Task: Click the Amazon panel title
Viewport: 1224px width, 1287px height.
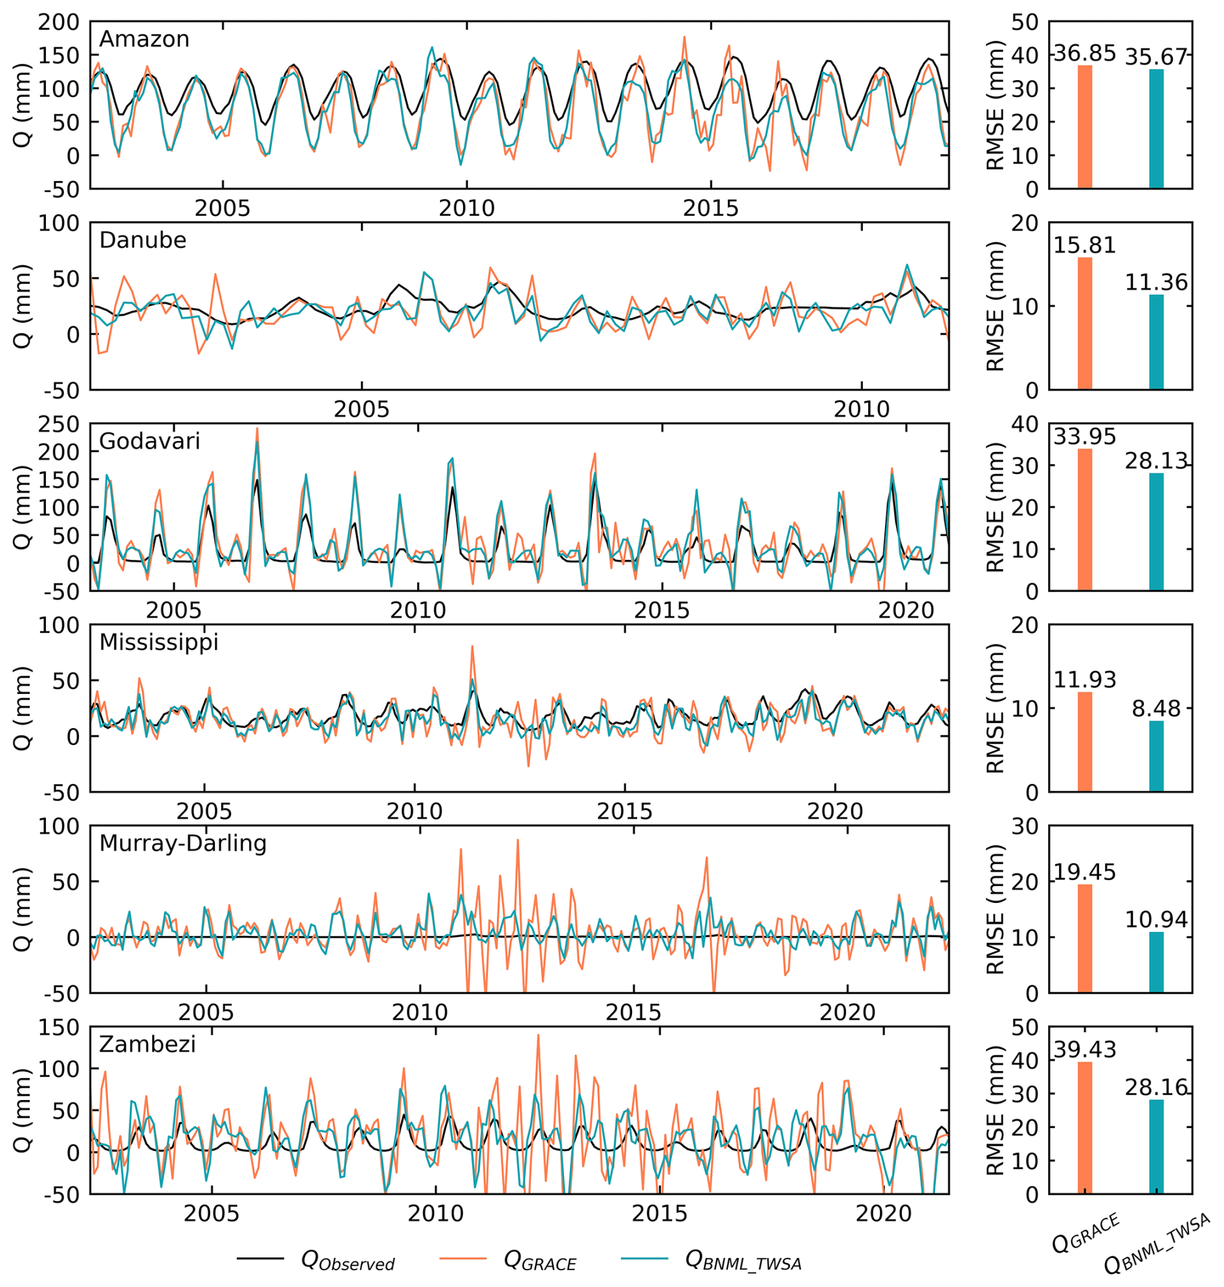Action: pyautogui.click(x=144, y=39)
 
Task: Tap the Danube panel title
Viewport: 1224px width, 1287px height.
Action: pyautogui.click(x=142, y=240)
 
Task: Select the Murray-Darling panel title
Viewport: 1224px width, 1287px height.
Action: pyautogui.click(x=182, y=843)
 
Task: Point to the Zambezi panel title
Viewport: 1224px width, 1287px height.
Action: pyautogui.click(x=148, y=1044)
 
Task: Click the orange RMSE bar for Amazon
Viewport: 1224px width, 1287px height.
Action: pyautogui.click(x=1084, y=127)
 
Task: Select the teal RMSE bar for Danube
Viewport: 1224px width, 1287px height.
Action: pyautogui.click(x=1156, y=343)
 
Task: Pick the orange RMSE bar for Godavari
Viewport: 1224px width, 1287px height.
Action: pyautogui.click(x=1084, y=520)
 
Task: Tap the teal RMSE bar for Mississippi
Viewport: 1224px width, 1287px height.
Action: pyautogui.click(x=1156, y=756)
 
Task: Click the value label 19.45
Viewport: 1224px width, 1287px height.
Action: pyautogui.click(x=1084, y=872)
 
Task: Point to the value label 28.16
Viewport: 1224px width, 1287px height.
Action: pyautogui.click(x=1156, y=1087)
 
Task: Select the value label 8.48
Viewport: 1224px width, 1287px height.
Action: pyautogui.click(x=1156, y=709)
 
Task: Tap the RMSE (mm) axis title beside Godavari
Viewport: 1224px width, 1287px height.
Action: pyautogui.click(x=996, y=507)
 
